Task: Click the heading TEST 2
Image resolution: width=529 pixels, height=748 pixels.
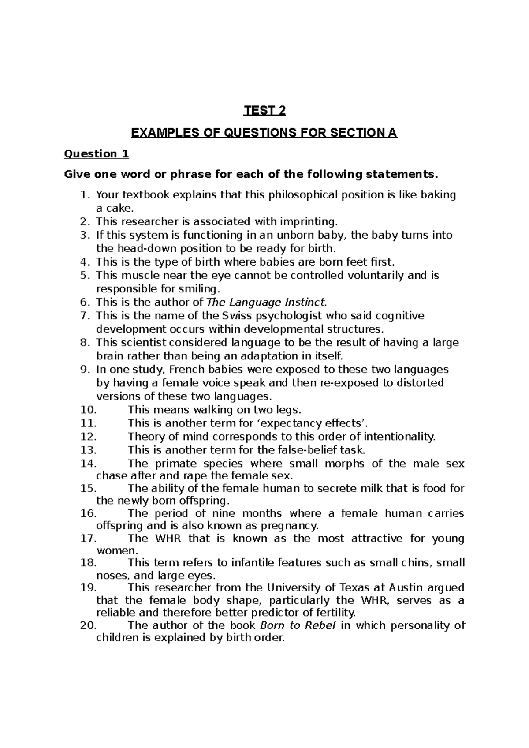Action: pyautogui.click(x=265, y=111)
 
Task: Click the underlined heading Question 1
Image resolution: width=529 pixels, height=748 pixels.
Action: pyautogui.click(x=96, y=154)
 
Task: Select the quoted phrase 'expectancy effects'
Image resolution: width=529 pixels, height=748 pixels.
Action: pyautogui.click(x=309, y=423)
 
